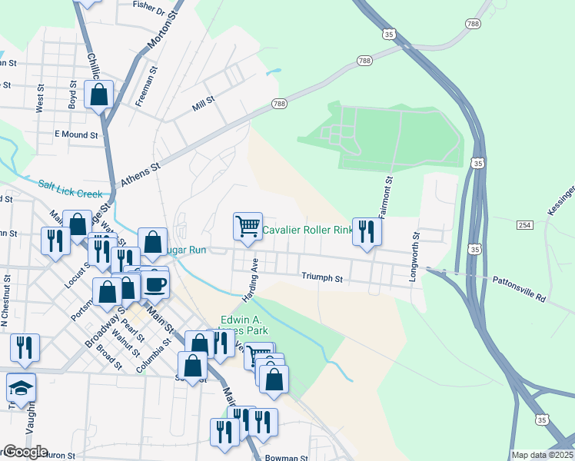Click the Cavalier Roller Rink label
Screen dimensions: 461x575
307,230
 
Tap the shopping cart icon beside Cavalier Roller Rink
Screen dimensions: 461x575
248,227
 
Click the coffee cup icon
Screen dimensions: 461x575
155,284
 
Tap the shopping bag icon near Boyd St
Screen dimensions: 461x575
98,95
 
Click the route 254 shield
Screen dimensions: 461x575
524,224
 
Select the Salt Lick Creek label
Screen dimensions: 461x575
69,189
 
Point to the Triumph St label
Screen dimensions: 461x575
321,277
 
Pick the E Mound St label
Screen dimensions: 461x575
76,134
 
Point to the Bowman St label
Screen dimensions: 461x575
286,458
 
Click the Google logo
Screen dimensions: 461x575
25,452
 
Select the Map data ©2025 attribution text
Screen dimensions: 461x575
542,455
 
